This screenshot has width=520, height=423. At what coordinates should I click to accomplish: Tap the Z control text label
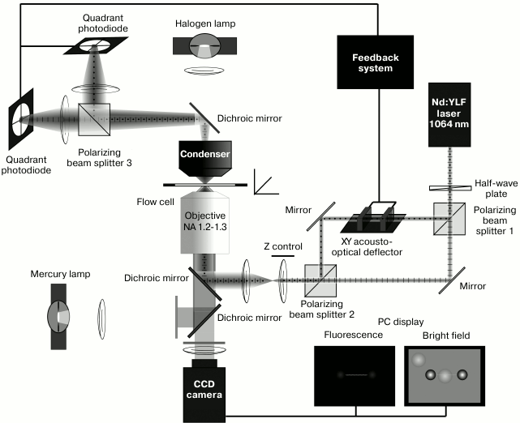point(284,246)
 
